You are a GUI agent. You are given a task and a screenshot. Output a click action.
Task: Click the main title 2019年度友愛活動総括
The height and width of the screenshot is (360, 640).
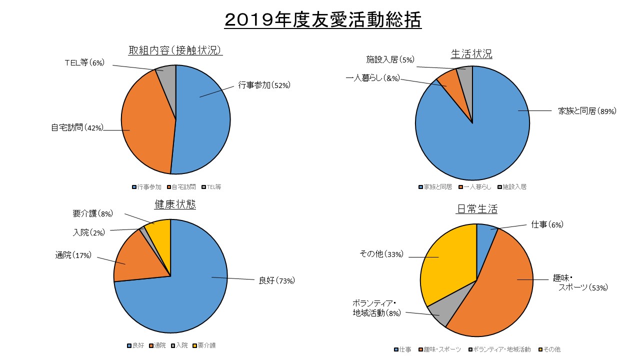tap(323, 20)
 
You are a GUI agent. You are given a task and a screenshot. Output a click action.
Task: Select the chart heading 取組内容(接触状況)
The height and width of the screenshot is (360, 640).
tap(175, 50)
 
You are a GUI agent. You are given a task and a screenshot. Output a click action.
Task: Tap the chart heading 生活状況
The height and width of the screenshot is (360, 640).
tap(471, 53)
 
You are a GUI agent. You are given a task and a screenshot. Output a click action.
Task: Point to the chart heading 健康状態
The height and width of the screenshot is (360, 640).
tap(175, 204)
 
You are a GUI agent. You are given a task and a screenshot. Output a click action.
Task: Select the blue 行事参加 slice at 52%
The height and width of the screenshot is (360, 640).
tap(205, 120)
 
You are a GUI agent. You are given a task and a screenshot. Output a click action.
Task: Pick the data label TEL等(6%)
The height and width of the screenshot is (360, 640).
tap(84, 62)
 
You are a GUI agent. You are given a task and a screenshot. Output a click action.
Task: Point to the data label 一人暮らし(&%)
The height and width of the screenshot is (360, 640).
tap(372, 78)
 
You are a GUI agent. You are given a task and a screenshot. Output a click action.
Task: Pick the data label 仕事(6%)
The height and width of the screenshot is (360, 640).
tap(547, 225)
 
